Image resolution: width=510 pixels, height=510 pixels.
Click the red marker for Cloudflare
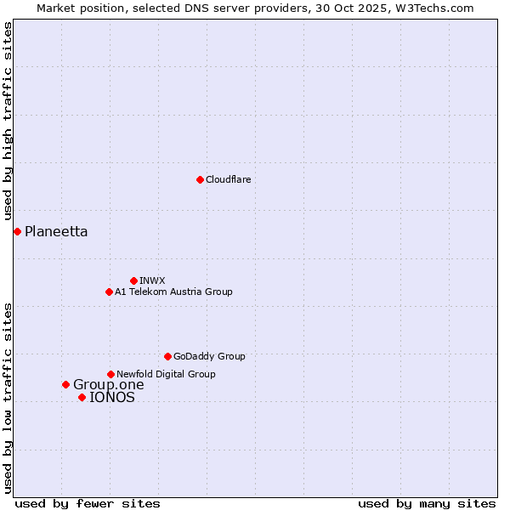tap(200, 179)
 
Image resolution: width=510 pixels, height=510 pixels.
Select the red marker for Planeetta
tap(17, 231)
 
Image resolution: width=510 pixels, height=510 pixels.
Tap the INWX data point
tap(133, 280)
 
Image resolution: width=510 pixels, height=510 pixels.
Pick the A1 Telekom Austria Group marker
tap(109, 292)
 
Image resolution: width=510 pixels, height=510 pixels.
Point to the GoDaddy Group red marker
tap(167, 356)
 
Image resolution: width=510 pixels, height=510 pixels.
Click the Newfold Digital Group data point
tap(110, 374)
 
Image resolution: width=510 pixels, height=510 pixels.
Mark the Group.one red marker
tap(65, 384)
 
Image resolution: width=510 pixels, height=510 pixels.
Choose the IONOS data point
tap(82, 397)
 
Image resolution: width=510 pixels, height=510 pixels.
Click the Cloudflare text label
tap(228, 179)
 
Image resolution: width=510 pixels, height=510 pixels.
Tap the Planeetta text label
tap(56, 231)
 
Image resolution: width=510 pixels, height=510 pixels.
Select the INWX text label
tap(152, 280)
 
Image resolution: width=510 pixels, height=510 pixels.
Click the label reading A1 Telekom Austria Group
tap(173, 292)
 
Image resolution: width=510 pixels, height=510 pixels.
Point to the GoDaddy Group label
tap(209, 356)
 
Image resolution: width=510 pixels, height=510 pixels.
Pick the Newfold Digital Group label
tap(166, 374)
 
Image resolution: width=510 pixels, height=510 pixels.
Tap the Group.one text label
tap(109, 384)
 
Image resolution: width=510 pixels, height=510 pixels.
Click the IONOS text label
tap(112, 397)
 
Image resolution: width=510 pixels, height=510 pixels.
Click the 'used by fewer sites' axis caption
tap(88, 503)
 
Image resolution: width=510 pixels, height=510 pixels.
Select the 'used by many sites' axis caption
tap(427, 503)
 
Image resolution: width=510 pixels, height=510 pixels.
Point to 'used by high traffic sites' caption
tap(8, 122)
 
